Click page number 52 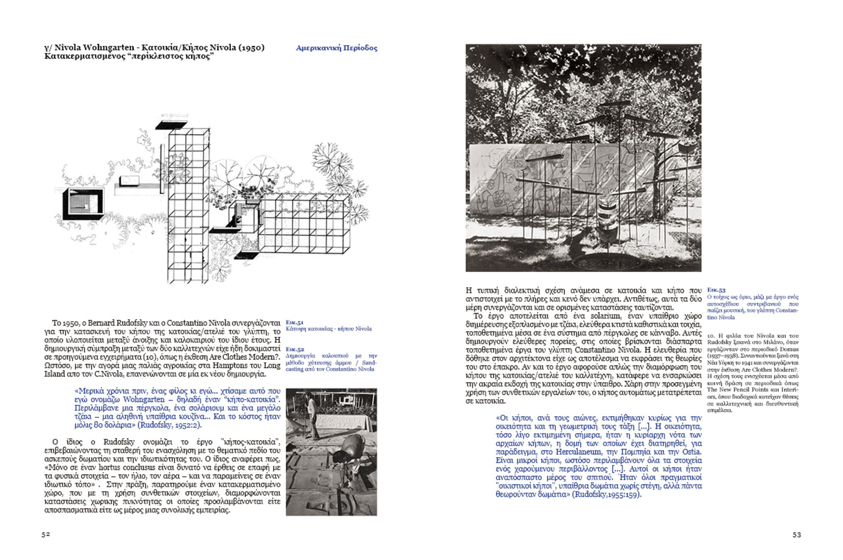point(46,534)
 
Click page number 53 point(796,535)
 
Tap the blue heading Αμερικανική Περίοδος point(337,48)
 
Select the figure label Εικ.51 point(295,322)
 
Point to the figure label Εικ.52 point(295,349)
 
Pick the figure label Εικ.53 point(716,290)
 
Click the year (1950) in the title point(251,47)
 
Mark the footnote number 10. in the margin point(711,336)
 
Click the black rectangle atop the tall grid point(167,125)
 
